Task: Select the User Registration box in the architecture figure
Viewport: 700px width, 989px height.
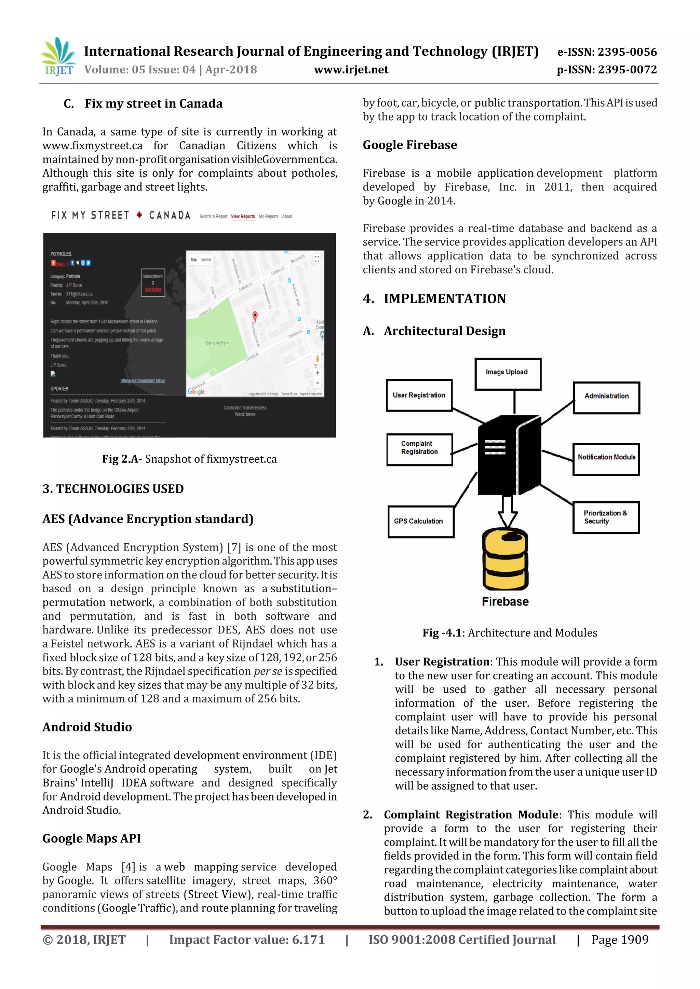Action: [419, 395]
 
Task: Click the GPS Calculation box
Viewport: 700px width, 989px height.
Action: [421, 521]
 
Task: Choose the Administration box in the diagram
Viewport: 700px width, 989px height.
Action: [606, 397]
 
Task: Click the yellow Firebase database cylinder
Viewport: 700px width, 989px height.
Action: [505, 560]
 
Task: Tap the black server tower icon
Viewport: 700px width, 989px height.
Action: [509, 457]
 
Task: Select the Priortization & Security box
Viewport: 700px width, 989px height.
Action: [606, 517]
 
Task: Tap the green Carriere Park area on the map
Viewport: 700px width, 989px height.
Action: [216, 340]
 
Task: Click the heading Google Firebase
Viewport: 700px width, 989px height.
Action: [409, 145]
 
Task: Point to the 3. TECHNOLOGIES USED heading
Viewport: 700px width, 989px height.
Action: [113, 489]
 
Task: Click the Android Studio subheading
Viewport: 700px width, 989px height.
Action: [87, 727]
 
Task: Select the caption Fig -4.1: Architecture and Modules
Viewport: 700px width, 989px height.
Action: [510, 633]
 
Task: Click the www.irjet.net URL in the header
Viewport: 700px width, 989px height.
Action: [351, 70]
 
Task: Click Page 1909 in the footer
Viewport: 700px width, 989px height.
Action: [619, 940]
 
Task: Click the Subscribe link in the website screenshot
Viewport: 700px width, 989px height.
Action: [153, 290]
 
